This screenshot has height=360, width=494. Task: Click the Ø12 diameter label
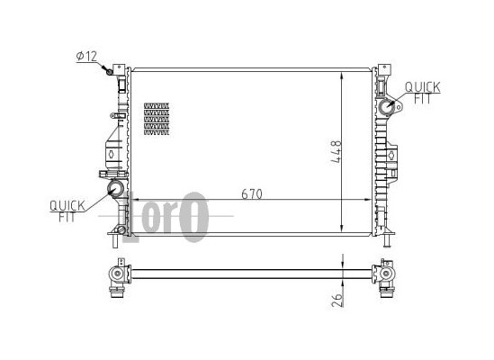click(x=87, y=57)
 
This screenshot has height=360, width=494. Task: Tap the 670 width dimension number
click(x=252, y=194)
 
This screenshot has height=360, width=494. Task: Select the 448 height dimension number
click(x=337, y=151)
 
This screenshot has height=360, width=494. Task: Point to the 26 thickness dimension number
click(x=337, y=300)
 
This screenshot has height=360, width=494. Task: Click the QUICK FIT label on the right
click(x=423, y=93)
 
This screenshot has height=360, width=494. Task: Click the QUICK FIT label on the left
click(x=67, y=211)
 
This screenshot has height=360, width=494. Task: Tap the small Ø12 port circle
click(x=110, y=72)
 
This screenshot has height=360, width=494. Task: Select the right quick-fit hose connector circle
click(x=387, y=108)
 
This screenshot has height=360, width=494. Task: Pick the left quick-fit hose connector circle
click(x=115, y=189)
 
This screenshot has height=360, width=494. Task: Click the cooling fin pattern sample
click(x=157, y=119)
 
